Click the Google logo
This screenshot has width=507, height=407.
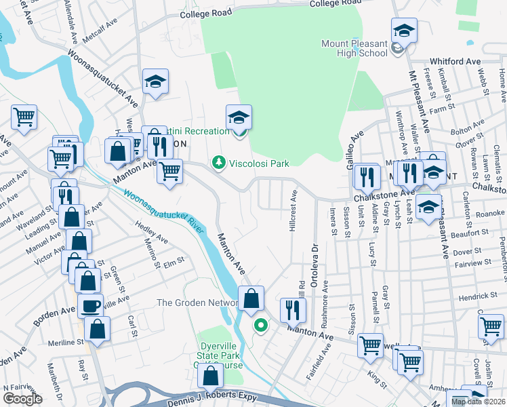point(22,399)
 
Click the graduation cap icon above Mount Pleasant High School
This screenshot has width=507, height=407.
point(404,30)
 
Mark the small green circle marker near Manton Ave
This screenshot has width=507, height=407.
point(259,326)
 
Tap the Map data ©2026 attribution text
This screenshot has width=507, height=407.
point(478,402)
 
